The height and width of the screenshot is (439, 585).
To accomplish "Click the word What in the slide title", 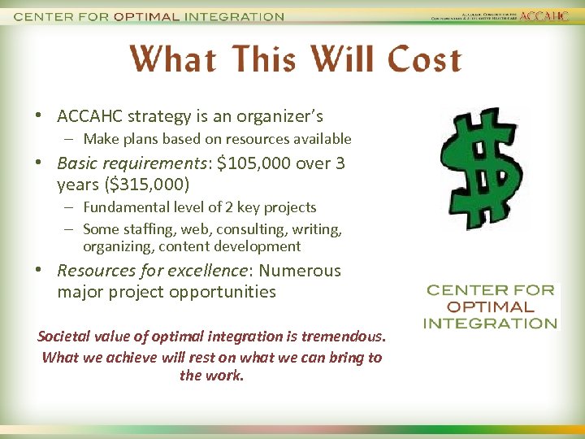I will point(171,59).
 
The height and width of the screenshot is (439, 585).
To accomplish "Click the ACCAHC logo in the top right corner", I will point(544,16).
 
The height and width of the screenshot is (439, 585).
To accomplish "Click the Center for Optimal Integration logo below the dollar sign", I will point(490,306).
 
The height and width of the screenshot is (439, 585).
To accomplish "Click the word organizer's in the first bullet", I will point(279,117).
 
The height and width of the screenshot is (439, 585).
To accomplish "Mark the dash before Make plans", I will point(71,139).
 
